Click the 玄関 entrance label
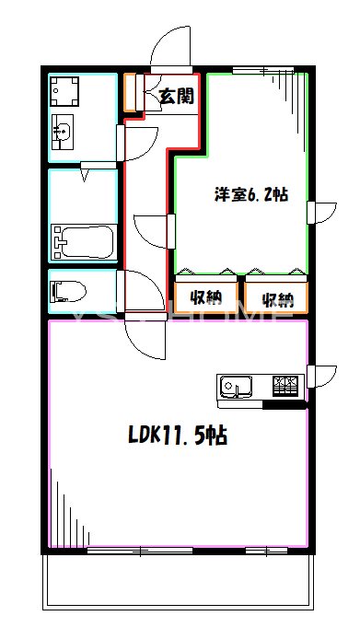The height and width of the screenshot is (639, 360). pyautogui.click(x=174, y=95)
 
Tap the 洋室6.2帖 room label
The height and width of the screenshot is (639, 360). pyautogui.click(x=251, y=194)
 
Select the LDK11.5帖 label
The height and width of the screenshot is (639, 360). pyautogui.click(x=177, y=435)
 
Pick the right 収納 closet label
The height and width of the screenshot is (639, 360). pyautogui.click(x=276, y=298)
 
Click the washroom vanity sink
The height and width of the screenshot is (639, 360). pyautogui.click(x=62, y=134)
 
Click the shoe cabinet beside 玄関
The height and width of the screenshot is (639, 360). pyautogui.click(x=130, y=92)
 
